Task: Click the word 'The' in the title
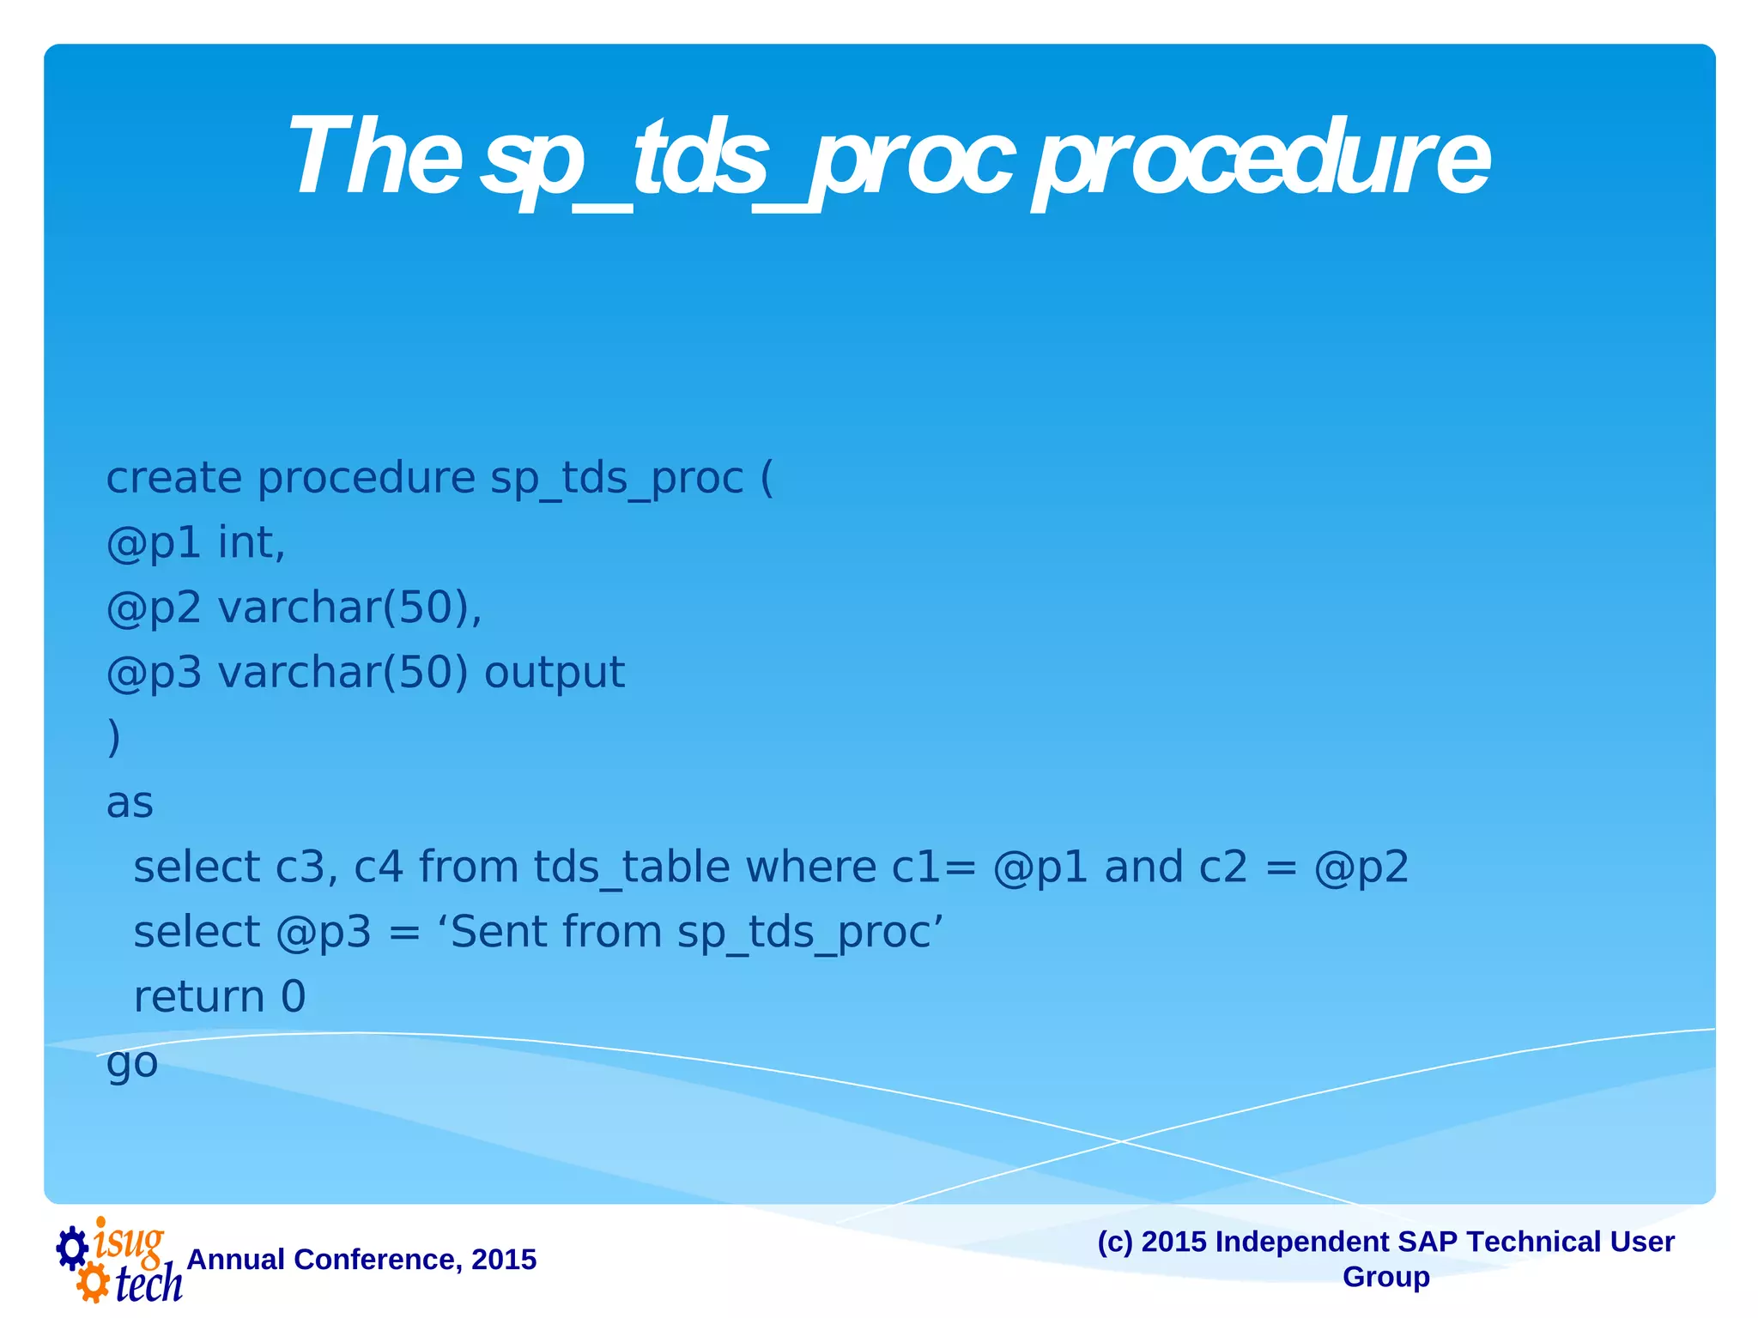[376, 158]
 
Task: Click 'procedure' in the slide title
[1262, 160]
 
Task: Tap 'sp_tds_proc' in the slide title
[747, 160]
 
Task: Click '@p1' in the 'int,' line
[153, 543]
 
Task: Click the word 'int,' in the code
[251, 543]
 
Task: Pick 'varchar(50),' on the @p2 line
[349, 608]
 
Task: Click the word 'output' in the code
[554, 672]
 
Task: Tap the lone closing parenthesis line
[113, 736]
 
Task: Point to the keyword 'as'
[130, 803]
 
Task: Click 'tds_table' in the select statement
[632, 867]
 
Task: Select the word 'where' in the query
[810, 867]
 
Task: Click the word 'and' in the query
[1143, 867]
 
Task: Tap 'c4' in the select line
[379, 867]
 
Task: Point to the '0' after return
[293, 997]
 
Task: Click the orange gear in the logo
[92, 1284]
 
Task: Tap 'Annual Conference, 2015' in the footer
[361, 1260]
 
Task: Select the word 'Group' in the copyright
[1385, 1277]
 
